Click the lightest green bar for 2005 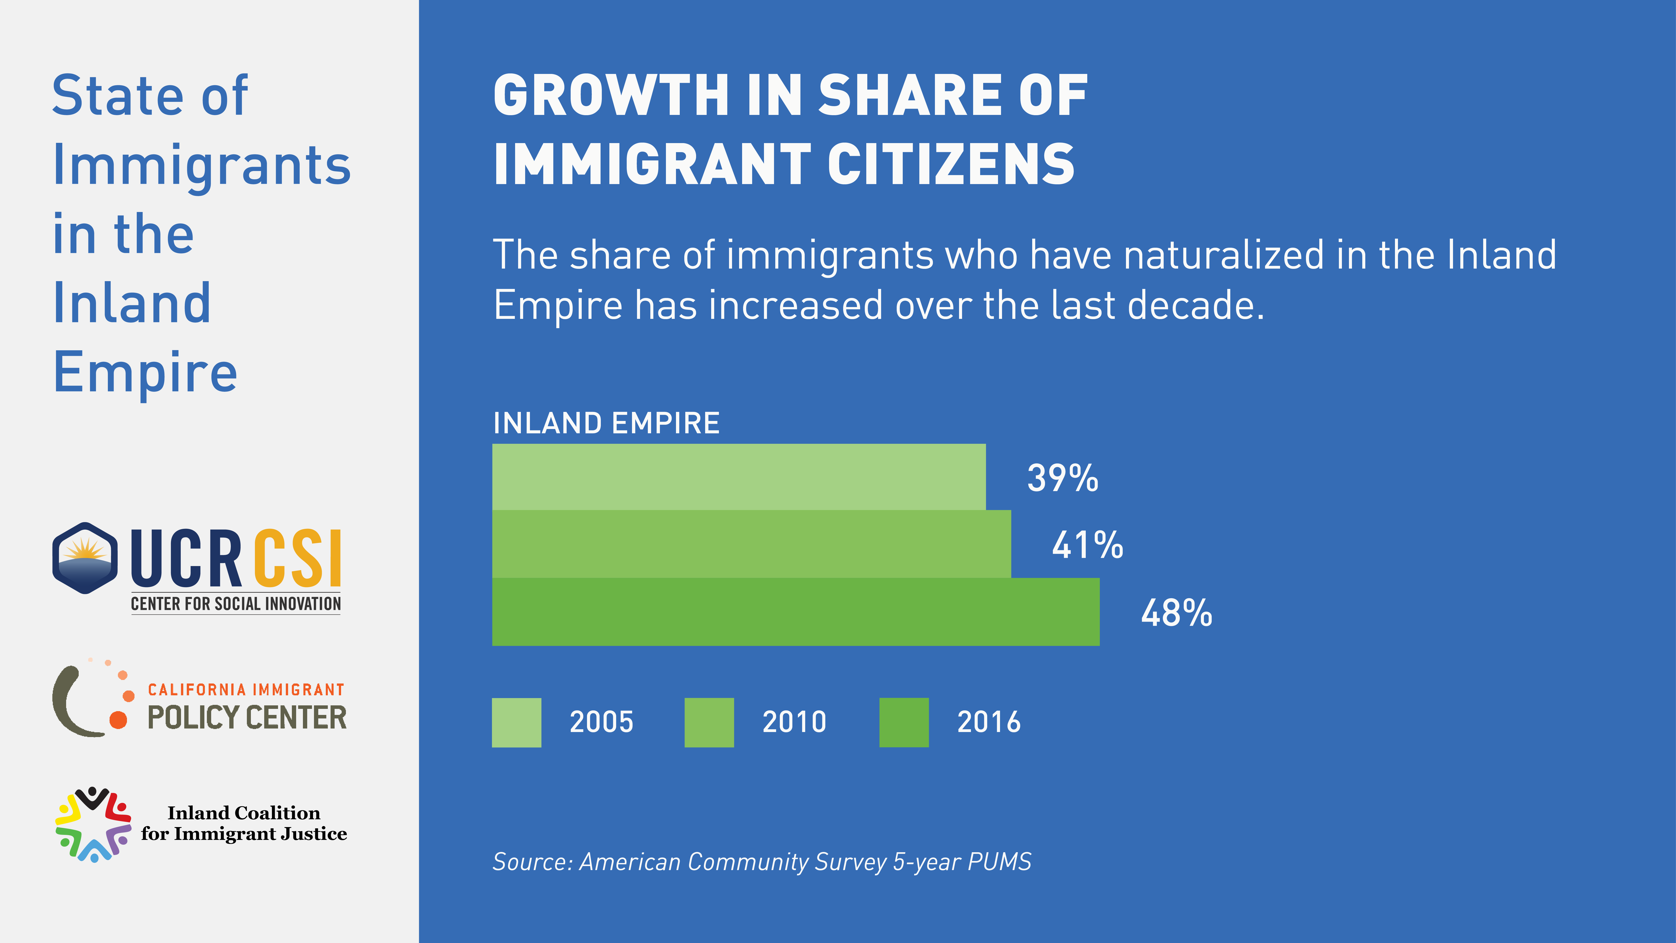[x=739, y=477]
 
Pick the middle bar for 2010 [x=751, y=544]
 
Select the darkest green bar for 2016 [x=795, y=612]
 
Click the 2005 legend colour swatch [x=517, y=722]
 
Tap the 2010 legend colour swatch [x=709, y=722]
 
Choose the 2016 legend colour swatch [x=904, y=722]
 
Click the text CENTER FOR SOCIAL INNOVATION [x=236, y=604]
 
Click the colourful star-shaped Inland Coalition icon [x=93, y=825]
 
